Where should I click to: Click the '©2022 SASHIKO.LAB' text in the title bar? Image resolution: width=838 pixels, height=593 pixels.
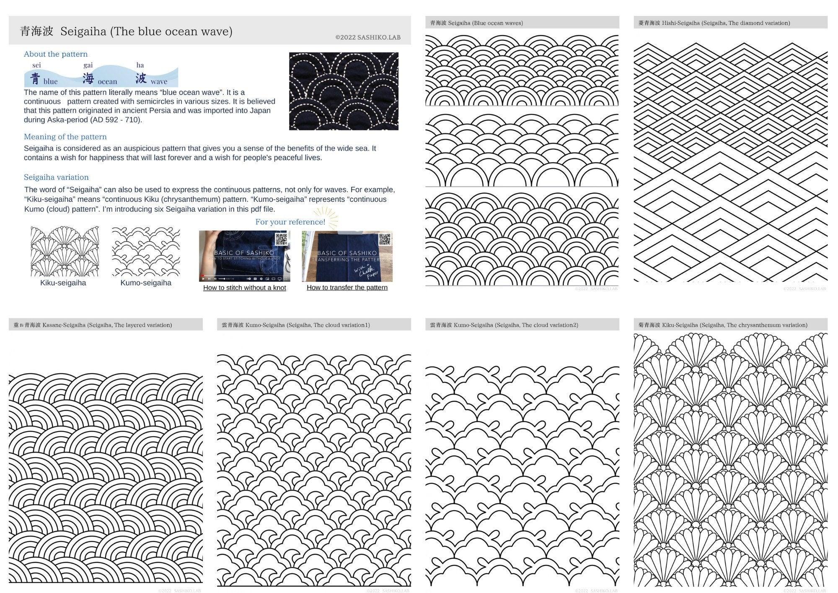(x=367, y=37)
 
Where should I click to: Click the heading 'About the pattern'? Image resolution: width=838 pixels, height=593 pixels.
(x=56, y=54)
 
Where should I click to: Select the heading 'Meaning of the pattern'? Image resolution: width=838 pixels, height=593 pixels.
(x=65, y=137)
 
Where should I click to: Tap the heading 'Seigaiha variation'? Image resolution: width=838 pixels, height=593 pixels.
(x=56, y=177)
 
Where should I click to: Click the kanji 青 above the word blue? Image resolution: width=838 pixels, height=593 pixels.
(x=36, y=78)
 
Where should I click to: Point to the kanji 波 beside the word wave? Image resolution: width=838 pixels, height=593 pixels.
(x=141, y=78)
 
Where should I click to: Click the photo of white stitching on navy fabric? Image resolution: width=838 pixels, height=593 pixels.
(x=344, y=91)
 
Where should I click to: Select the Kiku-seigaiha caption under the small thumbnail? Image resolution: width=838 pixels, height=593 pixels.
(x=63, y=283)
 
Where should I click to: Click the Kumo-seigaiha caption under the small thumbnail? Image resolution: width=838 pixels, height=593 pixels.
(x=145, y=283)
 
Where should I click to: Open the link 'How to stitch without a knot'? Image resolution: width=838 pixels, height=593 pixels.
(x=244, y=288)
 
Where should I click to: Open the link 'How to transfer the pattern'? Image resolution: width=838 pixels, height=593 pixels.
(x=347, y=288)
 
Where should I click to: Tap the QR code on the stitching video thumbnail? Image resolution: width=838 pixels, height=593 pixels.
(x=281, y=239)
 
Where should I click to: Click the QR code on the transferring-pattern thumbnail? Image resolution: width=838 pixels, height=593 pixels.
(x=384, y=239)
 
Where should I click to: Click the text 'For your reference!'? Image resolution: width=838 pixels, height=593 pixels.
(x=290, y=222)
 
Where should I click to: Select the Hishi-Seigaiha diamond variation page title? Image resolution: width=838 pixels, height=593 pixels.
(x=714, y=23)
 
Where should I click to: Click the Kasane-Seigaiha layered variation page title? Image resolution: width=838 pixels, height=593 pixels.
(x=93, y=325)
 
